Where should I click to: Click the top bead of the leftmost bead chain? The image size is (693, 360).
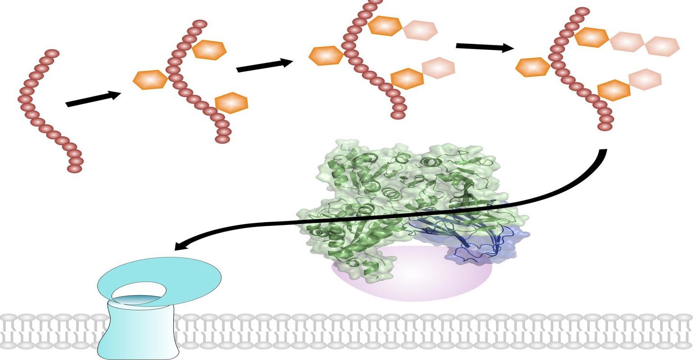click(x=53, y=54)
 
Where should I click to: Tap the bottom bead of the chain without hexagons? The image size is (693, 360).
click(x=74, y=168)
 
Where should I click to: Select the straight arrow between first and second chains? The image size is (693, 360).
click(x=93, y=99)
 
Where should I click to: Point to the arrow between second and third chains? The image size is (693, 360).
click(x=264, y=66)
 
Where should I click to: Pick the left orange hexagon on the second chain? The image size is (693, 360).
click(x=150, y=80)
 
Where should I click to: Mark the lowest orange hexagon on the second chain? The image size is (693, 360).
click(x=231, y=103)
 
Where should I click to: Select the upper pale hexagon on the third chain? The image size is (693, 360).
click(x=420, y=29)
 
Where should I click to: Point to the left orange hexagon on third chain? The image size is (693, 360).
click(x=326, y=55)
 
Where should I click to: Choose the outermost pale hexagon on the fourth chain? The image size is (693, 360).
click(x=662, y=46)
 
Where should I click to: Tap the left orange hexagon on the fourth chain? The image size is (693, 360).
click(x=533, y=67)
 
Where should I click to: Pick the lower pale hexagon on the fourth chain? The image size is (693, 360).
click(x=645, y=79)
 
